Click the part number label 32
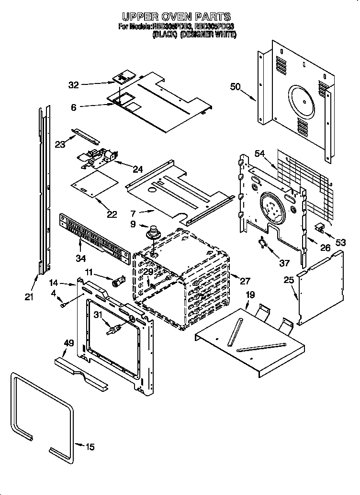[73, 85]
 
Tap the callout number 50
[235, 87]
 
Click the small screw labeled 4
[63, 304]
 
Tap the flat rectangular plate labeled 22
[94, 185]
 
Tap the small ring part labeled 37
[263, 243]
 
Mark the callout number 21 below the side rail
[29, 297]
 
